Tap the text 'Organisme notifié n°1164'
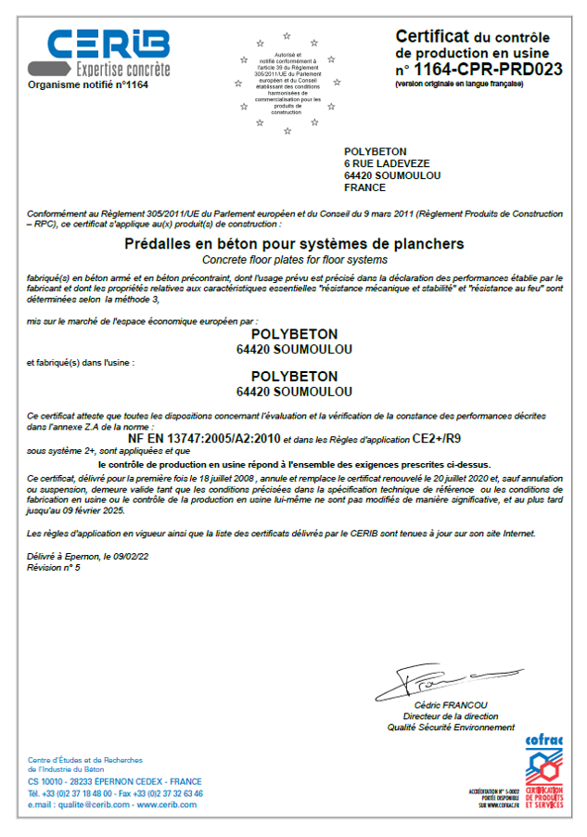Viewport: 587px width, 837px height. [x=88, y=84]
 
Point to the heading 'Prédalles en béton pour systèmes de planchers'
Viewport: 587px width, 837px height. [x=294, y=244]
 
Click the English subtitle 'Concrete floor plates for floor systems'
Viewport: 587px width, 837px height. [x=294, y=260]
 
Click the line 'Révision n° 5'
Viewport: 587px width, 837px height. [x=54, y=567]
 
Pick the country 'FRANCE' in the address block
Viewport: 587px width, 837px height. [x=364, y=187]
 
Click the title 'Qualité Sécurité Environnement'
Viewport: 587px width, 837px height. [x=451, y=728]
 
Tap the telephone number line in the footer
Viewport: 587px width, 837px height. [x=115, y=793]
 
